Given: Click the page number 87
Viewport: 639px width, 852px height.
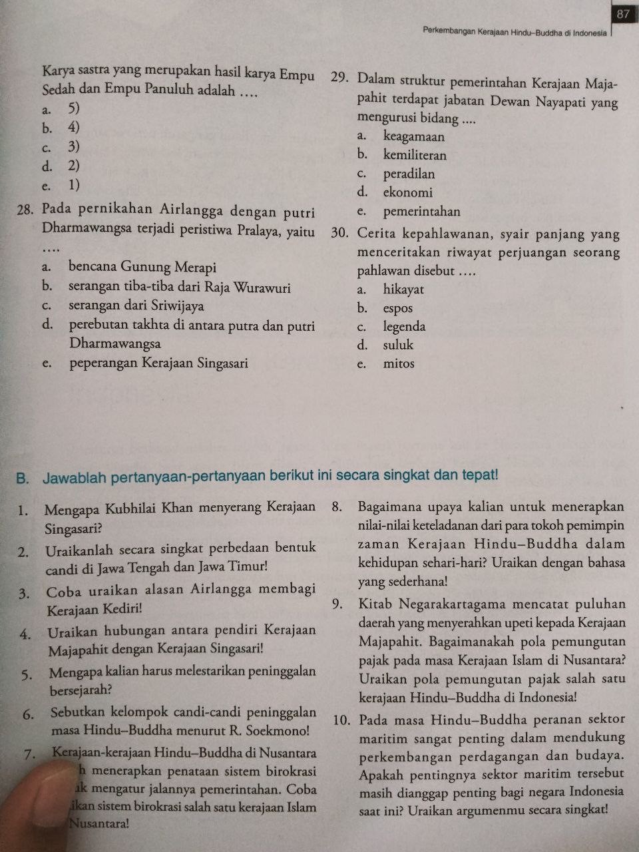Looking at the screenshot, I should (x=624, y=14).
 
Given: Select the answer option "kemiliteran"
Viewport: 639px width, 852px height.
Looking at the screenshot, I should (x=415, y=156).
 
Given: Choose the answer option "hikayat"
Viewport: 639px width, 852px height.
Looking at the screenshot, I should (x=403, y=290).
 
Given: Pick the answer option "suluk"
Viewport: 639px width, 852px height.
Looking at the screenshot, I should (x=398, y=345).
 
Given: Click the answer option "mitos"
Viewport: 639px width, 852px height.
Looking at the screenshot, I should (x=399, y=363).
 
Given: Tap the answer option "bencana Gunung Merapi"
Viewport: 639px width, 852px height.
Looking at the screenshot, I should (x=142, y=268).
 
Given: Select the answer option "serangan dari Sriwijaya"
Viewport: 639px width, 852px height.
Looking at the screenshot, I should (x=136, y=306).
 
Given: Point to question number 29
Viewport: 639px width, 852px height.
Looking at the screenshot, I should (x=339, y=77).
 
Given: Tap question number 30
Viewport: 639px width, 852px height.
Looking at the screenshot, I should (x=339, y=234).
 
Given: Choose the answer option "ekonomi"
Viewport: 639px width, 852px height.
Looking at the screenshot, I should (x=407, y=193).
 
